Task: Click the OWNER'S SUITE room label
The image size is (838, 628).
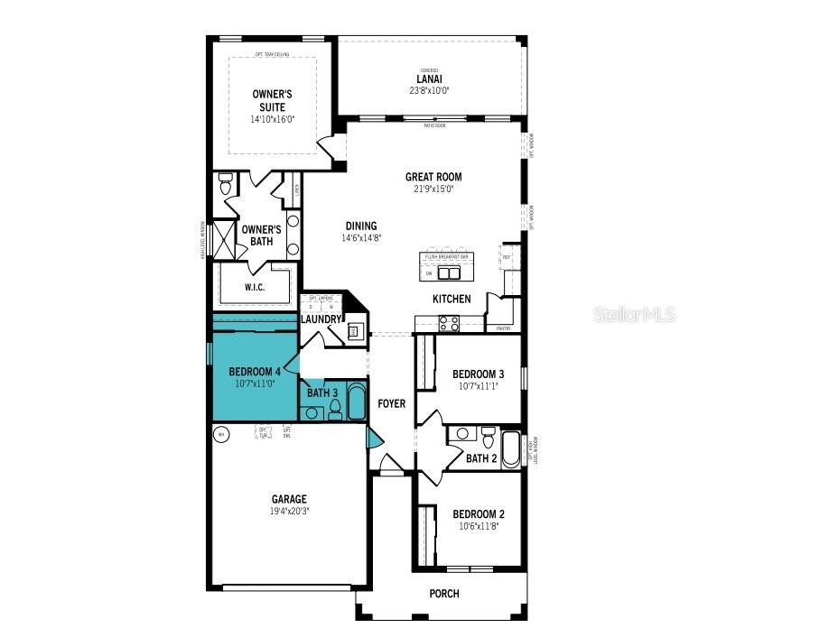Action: coord(272,100)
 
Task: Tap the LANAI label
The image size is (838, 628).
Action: coord(429,79)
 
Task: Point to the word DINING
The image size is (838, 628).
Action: coord(360,226)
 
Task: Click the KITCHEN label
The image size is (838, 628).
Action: coord(452,299)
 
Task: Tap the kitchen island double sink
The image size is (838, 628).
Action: coord(449,273)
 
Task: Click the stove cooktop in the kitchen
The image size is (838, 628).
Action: coord(449,322)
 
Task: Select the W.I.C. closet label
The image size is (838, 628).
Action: coord(254,288)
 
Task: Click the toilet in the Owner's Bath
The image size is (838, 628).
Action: coord(226,185)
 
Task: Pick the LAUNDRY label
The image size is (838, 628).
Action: coord(321,319)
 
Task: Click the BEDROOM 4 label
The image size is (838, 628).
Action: coord(254,371)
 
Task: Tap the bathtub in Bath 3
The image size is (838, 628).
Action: coord(356,402)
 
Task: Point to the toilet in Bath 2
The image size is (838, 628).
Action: coord(488,438)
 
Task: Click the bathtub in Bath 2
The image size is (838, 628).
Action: coord(511,448)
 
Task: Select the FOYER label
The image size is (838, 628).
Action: coord(391,403)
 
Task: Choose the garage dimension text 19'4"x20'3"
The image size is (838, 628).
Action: coord(289,511)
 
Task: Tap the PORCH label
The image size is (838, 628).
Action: coord(444,594)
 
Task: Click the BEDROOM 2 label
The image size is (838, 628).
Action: coord(478,514)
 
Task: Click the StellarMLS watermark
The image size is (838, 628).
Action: coord(634,314)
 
